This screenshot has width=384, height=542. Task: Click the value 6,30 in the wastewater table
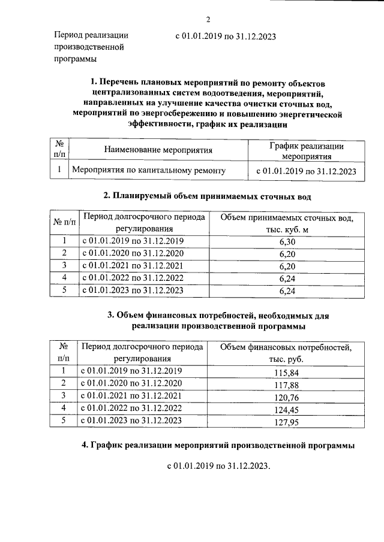click(x=288, y=242)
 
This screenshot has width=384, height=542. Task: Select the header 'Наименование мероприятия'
click(x=158, y=150)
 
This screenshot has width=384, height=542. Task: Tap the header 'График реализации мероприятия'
click(x=306, y=151)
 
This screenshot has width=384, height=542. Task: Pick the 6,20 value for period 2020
click(x=288, y=254)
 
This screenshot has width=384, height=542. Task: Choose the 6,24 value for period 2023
click(x=288, y=292)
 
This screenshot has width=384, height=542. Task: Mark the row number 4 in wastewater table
click(x=64, y=278)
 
